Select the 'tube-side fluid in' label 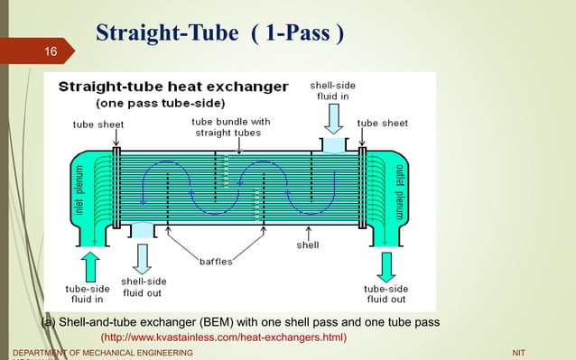coord(88,293)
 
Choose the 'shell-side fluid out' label coord(144,287)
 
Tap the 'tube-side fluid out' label coord(386,293)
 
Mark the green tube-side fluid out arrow coord(386,266)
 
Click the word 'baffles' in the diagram coord(216,262)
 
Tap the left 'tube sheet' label coord(99,124)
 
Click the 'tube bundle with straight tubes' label coord(230,127)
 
